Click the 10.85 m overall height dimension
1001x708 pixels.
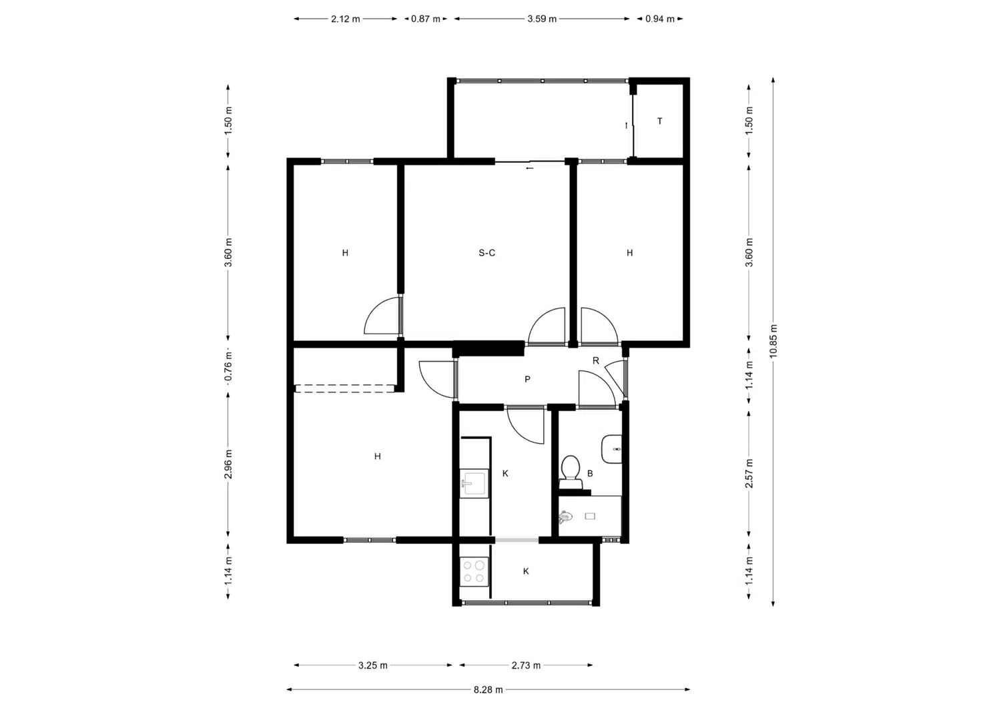(x=773, y=341)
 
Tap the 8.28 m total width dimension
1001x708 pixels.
(x=488, y=690)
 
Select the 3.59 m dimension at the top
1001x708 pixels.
(x=542, y=19)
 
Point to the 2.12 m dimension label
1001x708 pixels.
(x=346, y=19)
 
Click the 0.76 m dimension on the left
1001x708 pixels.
(x=228, y=366)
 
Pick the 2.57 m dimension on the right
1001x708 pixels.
(x=749, y=473)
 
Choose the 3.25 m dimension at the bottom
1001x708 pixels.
(x=372, y=665)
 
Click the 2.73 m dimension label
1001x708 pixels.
(x=526, y=665)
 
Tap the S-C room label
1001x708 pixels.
(x=486, y=253)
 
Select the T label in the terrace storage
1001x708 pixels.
(x=659, y=121)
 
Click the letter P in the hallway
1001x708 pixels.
(x=527, y=380)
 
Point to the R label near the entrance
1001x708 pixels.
(x=596, y=361)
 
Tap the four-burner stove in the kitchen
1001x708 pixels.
(x=474, y=572)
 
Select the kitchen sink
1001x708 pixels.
(x=474, y=483)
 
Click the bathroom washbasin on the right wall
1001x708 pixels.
(x=611, y=449)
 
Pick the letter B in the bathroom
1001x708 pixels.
(x=590, y=474)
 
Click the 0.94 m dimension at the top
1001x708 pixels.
(x=659, y=19)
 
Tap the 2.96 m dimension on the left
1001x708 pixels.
(x=228, y=464)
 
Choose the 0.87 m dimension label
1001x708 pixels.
(x=426, y=19)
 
